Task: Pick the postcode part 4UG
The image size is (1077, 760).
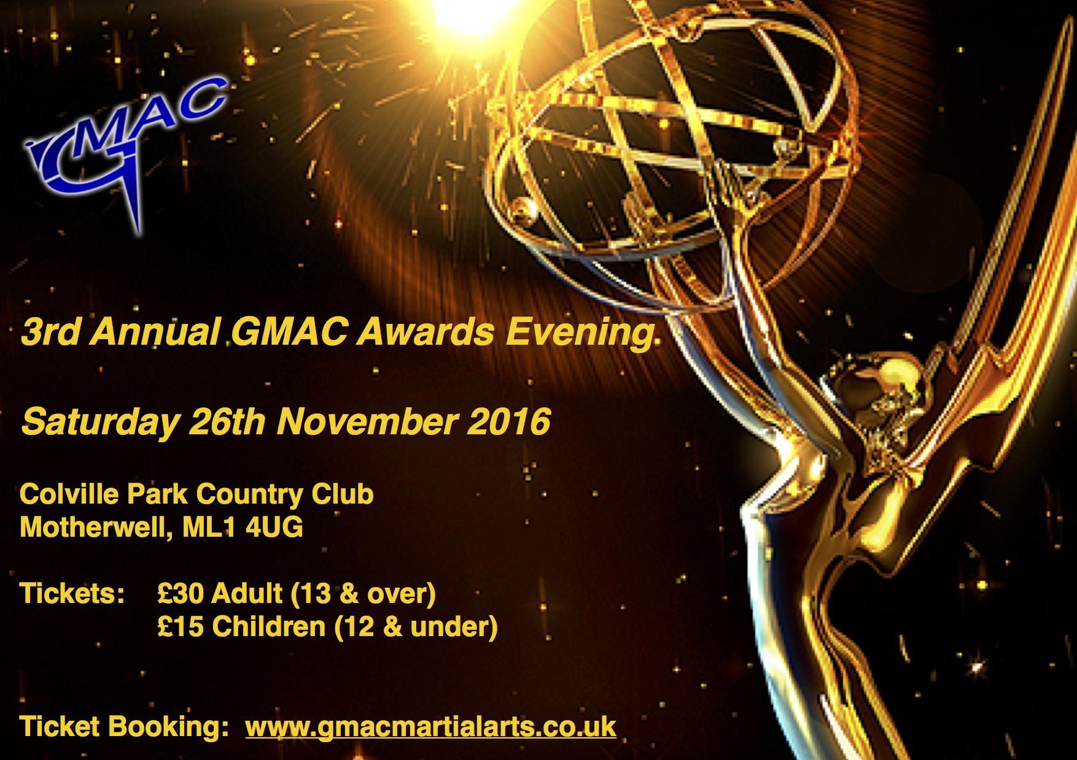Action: coord(274,528)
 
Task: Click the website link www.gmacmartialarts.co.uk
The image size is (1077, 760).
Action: coord(430,727)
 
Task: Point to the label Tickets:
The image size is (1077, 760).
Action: coord(72,594)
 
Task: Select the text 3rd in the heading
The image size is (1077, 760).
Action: coord(51,332)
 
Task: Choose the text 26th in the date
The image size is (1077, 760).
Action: coord(228,421)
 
